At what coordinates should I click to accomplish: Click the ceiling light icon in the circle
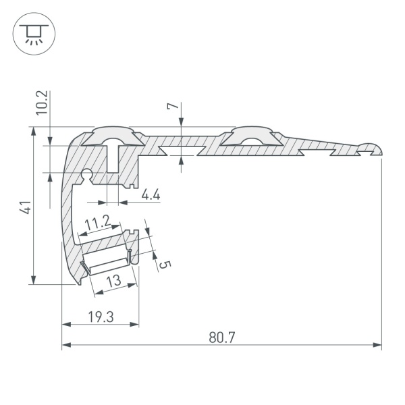pyautogui.click(x=32, y=32)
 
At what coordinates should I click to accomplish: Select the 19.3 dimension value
pyautogui.click(x=100, y=316)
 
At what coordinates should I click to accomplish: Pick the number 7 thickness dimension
pyautogui.click(x=173, y=107)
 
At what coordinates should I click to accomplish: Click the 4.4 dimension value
pyautogui.click(x=151, y=195)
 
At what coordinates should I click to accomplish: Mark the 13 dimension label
pyautogui.click(x=113, y=281)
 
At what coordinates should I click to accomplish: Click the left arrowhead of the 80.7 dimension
pyautogui.click(x=65, y=346)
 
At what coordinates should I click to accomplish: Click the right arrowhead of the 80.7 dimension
pyautogui.click(x=378, y=346)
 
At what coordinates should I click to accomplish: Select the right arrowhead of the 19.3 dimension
pyautogui.click(x=136, y=325)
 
